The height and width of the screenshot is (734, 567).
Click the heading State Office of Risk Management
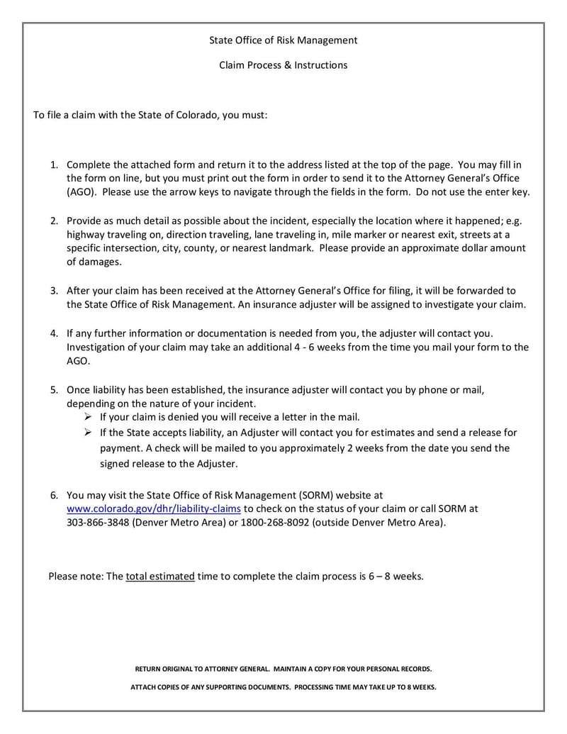[283, 40]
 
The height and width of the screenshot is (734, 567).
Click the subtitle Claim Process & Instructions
[283, 65]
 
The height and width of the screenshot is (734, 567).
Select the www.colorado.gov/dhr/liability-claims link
[154, 508]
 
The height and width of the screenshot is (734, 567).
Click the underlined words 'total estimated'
[160, 576]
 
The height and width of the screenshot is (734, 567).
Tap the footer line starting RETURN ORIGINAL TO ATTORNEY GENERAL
[283, 669]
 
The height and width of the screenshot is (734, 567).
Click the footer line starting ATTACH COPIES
[283, 687]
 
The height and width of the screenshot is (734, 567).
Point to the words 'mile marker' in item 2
[350, 234]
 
